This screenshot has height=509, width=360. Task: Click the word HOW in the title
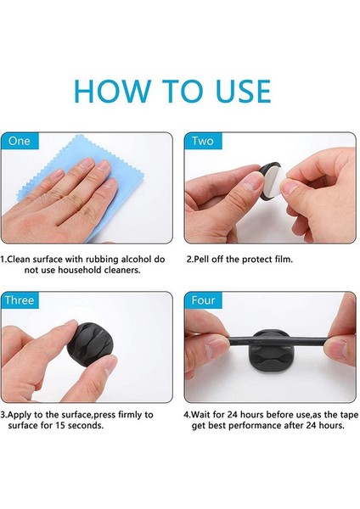click(112, 91)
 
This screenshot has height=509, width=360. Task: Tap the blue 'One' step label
click(20, 141)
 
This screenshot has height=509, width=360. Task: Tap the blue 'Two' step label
click(203, 141)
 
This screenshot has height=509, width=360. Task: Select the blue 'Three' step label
click(20, 300)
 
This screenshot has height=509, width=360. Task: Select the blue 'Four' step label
click(203, 300)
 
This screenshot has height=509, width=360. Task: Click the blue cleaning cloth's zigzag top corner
click(76, 137)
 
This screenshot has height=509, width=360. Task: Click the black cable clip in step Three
click(89, 345)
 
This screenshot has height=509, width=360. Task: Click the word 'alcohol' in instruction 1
click(136, 260)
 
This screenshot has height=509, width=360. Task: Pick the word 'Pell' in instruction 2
click(200, 260)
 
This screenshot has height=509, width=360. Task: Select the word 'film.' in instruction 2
click(284, 260)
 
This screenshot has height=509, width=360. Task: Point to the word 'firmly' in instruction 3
click(131, 415)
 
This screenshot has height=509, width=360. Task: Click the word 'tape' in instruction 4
click(349, 416)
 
